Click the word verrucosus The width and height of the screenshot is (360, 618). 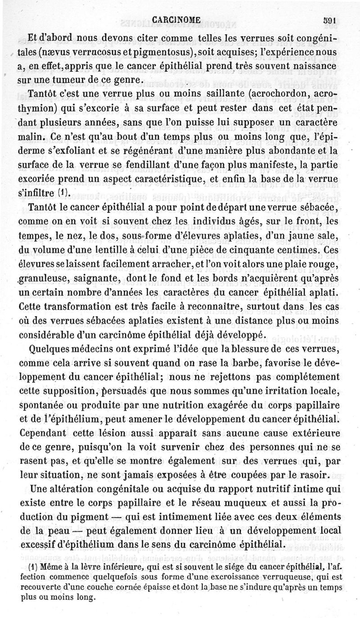[x=99, y=53]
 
